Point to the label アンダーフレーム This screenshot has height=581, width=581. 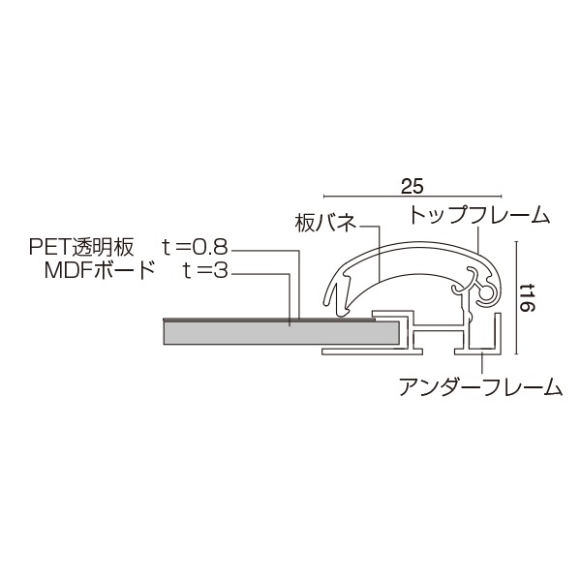pyautogui.click(x=481, y=388)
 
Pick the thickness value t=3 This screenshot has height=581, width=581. pyautogui.click(x=204, y=270)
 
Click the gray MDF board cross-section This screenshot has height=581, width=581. pyautogui.click(x=281, y=333)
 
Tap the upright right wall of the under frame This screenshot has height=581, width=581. pyautogui.click(x=501, y=329)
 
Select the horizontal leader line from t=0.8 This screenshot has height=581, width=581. pyautogui.click(x=266, y=250)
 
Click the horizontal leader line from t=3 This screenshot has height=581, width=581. pyautogui.click(x=261, y=272)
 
